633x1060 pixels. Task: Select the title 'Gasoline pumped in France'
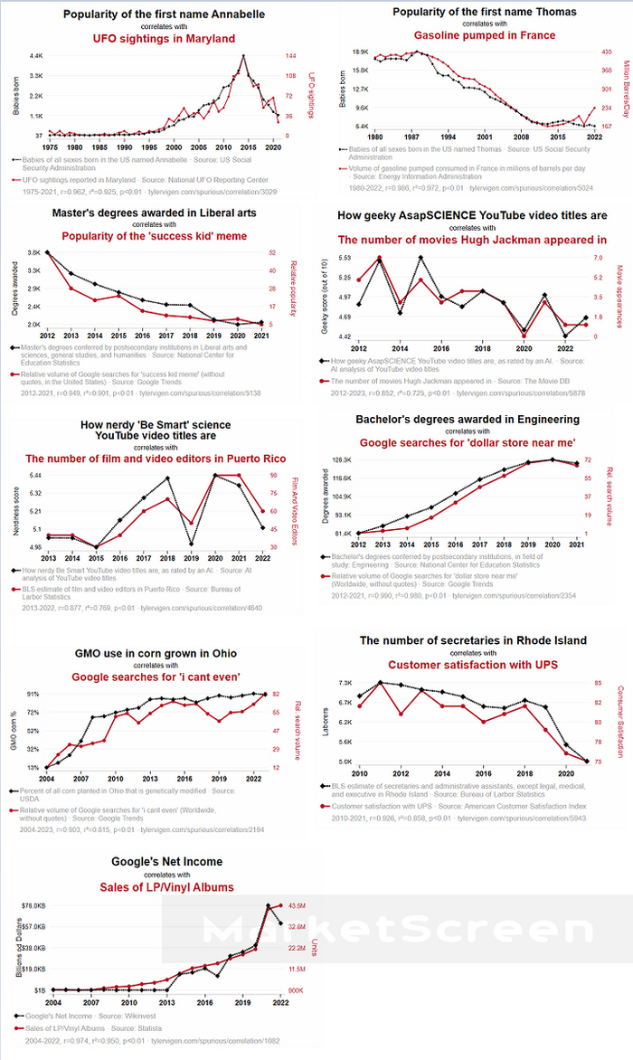click(472, 35)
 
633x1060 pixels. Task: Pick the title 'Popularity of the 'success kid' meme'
click(160, 237)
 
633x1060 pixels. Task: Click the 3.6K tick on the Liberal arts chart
click(34, 253)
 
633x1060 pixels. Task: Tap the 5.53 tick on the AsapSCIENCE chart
click(345, 258)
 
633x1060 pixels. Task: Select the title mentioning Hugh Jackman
click(472, 241)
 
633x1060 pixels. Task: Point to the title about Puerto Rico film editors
click(156, 459)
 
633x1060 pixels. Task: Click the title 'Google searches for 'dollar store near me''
click(468, 443)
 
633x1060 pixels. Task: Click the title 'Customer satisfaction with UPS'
click(473, 665)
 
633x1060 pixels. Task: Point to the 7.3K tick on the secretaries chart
click(345, 682)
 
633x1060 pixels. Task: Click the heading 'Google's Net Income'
click(166, 862)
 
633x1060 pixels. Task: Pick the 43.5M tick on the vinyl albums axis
click(298, 905)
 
